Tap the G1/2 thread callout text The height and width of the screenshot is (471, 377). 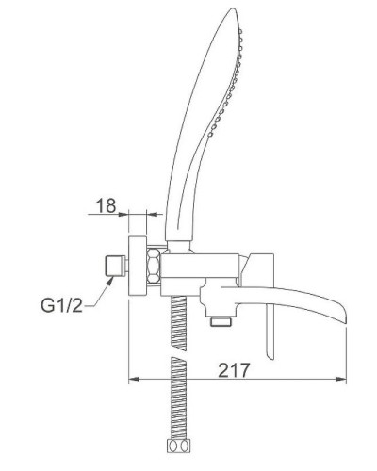coord(62,305)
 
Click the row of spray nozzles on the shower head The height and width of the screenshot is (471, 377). coord(228,85)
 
